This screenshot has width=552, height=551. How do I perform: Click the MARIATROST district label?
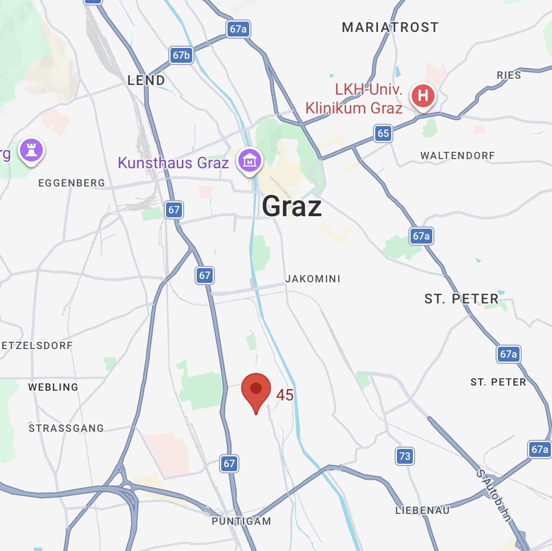(x=390, y=27)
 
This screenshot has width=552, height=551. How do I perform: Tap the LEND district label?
(x=146, y=80)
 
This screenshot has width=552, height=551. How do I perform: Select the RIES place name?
(x=509, y=75)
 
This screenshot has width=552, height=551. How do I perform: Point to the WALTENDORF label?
(x=457, y=156)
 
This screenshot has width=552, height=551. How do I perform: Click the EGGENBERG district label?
(x=71, y=183)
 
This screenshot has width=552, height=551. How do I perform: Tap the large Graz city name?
(x=291, y=206)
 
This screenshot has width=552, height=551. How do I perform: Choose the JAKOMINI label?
(x=312, y=279)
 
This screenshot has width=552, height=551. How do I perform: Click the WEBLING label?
(x=53, y=387)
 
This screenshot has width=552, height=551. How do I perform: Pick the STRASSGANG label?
(x=66, y=428)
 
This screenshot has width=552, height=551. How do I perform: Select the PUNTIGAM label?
(x=241, y=521)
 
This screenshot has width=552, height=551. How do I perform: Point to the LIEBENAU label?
(x=422, y=511)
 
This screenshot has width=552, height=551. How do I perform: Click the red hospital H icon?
(x=423, y=95)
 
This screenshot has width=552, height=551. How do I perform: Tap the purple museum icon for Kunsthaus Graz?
(x=249, y=161)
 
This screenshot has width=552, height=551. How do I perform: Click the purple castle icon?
(x=31, y=151)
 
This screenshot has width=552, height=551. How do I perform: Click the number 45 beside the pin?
(x=285, y=395)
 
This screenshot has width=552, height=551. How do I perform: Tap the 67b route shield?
(x=181, y=55)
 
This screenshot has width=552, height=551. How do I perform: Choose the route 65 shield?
(x=383, y=134)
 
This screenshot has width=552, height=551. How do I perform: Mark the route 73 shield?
(x=404, y=456)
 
